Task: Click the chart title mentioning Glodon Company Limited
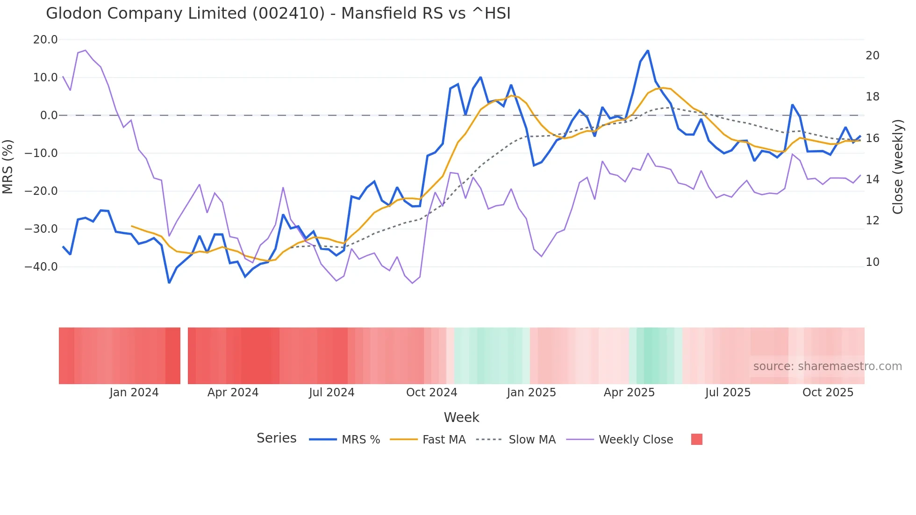coord(278,14)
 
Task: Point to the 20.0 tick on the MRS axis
coord(45,40)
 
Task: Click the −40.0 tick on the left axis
coord(42,267)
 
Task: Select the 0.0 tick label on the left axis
coord(49,115)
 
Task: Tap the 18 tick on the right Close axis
coord(872,97)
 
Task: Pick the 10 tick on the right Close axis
coord(872,262)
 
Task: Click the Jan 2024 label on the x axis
coord(134,393)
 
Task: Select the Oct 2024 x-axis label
coord(431,393)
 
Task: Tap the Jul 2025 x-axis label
coord(728,393)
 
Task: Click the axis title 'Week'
coord(461,417)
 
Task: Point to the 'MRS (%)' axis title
coord(8,166)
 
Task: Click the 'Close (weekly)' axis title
coord(897,167)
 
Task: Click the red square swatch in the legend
coord(696,439)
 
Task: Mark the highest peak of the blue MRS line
coord(648,50)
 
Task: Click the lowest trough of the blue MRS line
coord(169,283)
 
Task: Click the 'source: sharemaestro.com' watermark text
coord(827,366)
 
